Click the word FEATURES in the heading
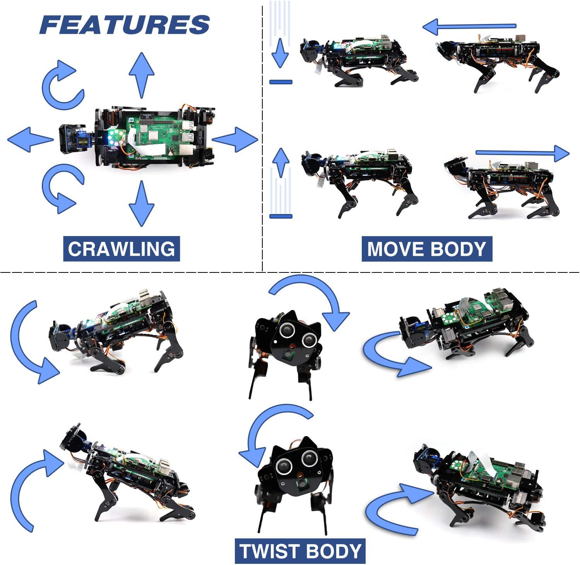[125, 24]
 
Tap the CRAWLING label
[121, 249]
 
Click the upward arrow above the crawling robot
[141, 75]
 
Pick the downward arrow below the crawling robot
[141, 204]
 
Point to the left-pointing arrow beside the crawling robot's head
[30, 139]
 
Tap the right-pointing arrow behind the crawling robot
[234, 139]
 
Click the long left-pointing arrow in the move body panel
[469, 27]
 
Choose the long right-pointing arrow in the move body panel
[522, 153]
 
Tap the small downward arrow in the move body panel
[280, 53]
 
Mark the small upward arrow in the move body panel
[281, 163]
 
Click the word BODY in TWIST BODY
[332, 551]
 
